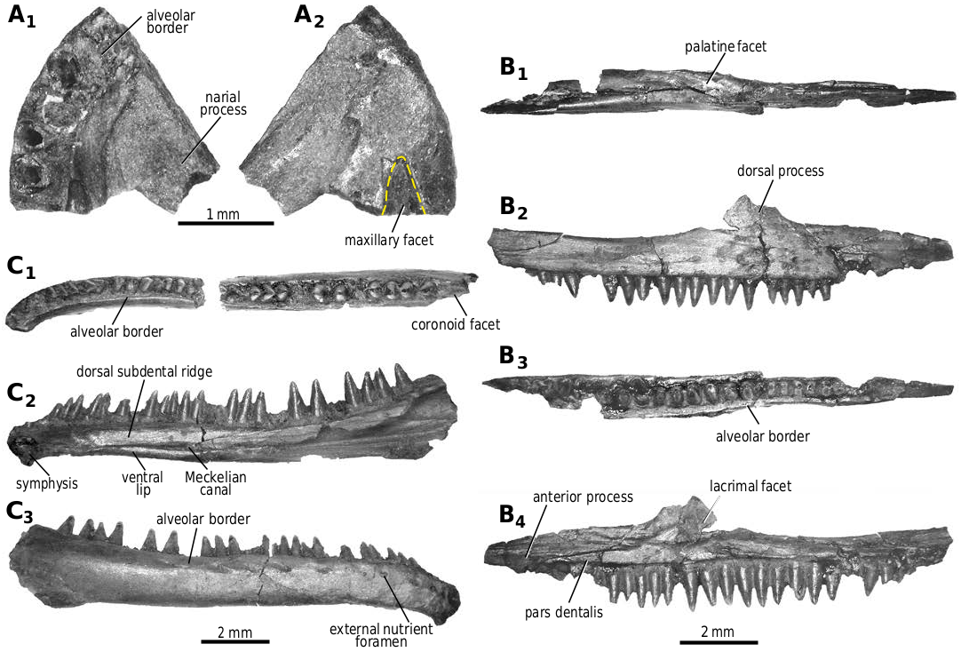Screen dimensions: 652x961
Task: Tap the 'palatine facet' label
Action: point(726,46)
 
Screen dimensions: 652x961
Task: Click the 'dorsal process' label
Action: point(780,171)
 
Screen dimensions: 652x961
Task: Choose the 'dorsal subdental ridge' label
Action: point(144,372)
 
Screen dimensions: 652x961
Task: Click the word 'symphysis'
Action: point(47,484)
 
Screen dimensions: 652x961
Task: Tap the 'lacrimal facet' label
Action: point(751,486)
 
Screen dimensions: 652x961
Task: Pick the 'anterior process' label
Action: point(583,497)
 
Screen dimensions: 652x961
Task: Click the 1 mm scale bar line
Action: point(226,223)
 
